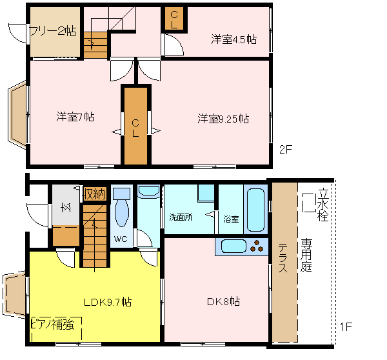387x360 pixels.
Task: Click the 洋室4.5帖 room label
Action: (233, 39)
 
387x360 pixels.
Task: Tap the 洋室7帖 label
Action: (75, 117)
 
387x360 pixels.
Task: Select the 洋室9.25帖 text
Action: (223, 119)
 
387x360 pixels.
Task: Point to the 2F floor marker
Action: (286, 150)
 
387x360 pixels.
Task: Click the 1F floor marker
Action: (346, 327)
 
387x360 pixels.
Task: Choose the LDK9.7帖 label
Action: (108, 302)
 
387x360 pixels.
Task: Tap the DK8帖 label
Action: (223, 301)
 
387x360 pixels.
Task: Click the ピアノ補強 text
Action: (53, 324)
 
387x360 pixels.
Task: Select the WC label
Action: (121, 239)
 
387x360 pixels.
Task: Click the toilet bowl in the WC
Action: (122, 213)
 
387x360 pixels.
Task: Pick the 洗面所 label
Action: (181, 217)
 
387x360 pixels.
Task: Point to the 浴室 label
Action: (231, 219)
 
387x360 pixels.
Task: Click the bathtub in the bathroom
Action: (255, 210)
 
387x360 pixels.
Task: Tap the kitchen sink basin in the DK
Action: (233, 246)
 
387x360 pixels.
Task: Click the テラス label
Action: (283, 257)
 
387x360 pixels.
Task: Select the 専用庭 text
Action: (306, 255)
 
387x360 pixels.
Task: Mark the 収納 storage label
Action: (95, 194)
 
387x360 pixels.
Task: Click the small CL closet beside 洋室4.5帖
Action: (174, 19)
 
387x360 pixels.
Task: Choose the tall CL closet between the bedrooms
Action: (135, 126)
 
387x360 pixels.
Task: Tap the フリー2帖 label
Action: (53, 32)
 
